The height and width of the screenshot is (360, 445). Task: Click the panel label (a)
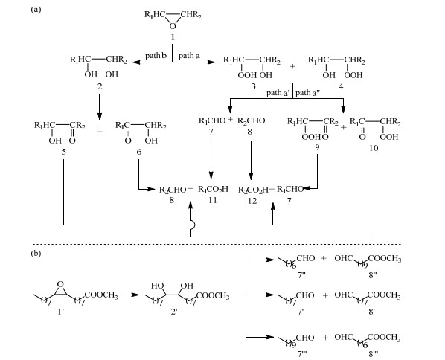36,10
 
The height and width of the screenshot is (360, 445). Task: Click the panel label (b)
36,253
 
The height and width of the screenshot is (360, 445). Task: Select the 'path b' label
156,56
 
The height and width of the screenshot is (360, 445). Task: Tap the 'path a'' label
278,93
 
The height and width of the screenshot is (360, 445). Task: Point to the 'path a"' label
307,93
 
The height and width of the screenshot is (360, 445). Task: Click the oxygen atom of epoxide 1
172,26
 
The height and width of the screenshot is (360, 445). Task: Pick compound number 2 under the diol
99,86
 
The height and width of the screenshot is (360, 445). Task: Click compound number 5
63,152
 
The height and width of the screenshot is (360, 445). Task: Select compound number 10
374,148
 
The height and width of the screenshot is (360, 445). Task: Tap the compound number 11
213,200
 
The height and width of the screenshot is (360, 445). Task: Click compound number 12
252,201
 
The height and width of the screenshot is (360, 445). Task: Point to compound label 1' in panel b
61,312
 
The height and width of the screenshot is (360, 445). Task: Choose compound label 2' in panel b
174,312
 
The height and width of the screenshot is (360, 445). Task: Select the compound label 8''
373,274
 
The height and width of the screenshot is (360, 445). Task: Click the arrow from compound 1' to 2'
130,295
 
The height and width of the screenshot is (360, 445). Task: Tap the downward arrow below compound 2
99,107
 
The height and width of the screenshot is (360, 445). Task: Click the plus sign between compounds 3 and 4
292,67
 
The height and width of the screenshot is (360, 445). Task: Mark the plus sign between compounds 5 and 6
100,132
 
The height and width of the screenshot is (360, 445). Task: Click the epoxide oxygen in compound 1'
60,284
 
